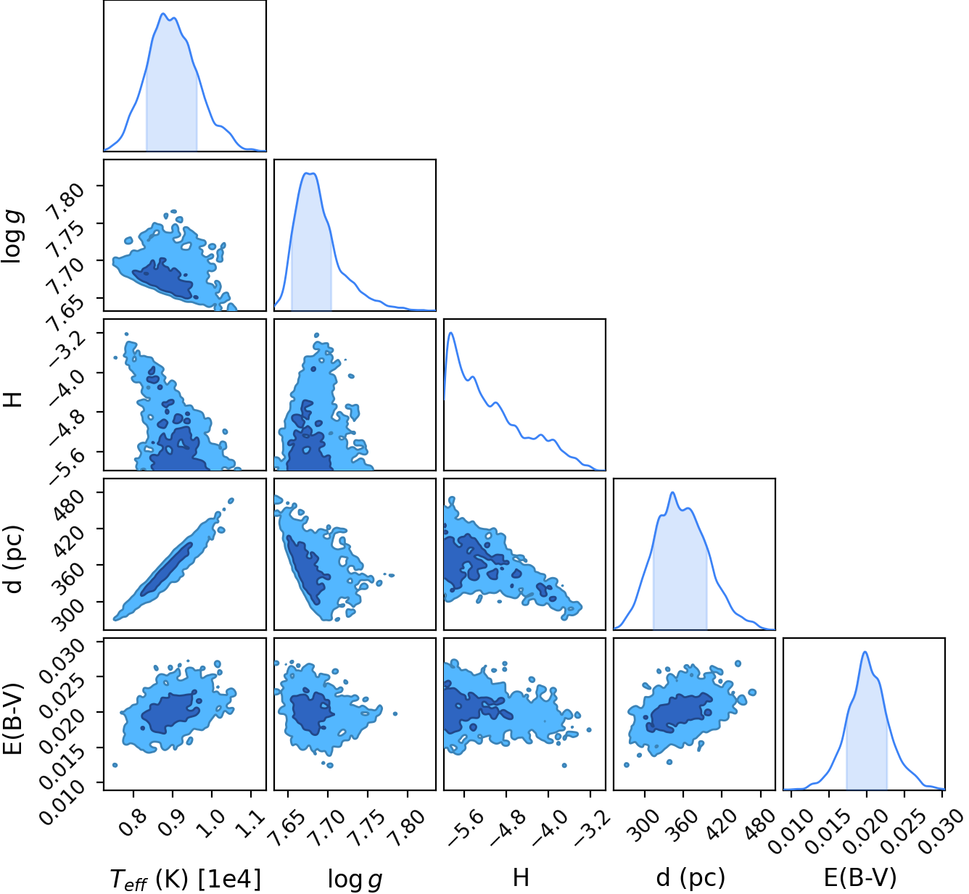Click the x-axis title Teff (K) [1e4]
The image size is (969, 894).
(x=186, y=879)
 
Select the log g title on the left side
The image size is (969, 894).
(x=12, y=236)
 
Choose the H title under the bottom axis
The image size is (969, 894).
(x=521, y=878)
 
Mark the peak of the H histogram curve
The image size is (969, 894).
(x=451, y=333)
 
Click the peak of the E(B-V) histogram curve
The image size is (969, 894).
(x=865, y=652)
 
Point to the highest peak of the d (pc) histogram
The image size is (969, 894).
(x=673, y=492)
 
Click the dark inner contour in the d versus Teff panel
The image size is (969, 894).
(x=167, y=569)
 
